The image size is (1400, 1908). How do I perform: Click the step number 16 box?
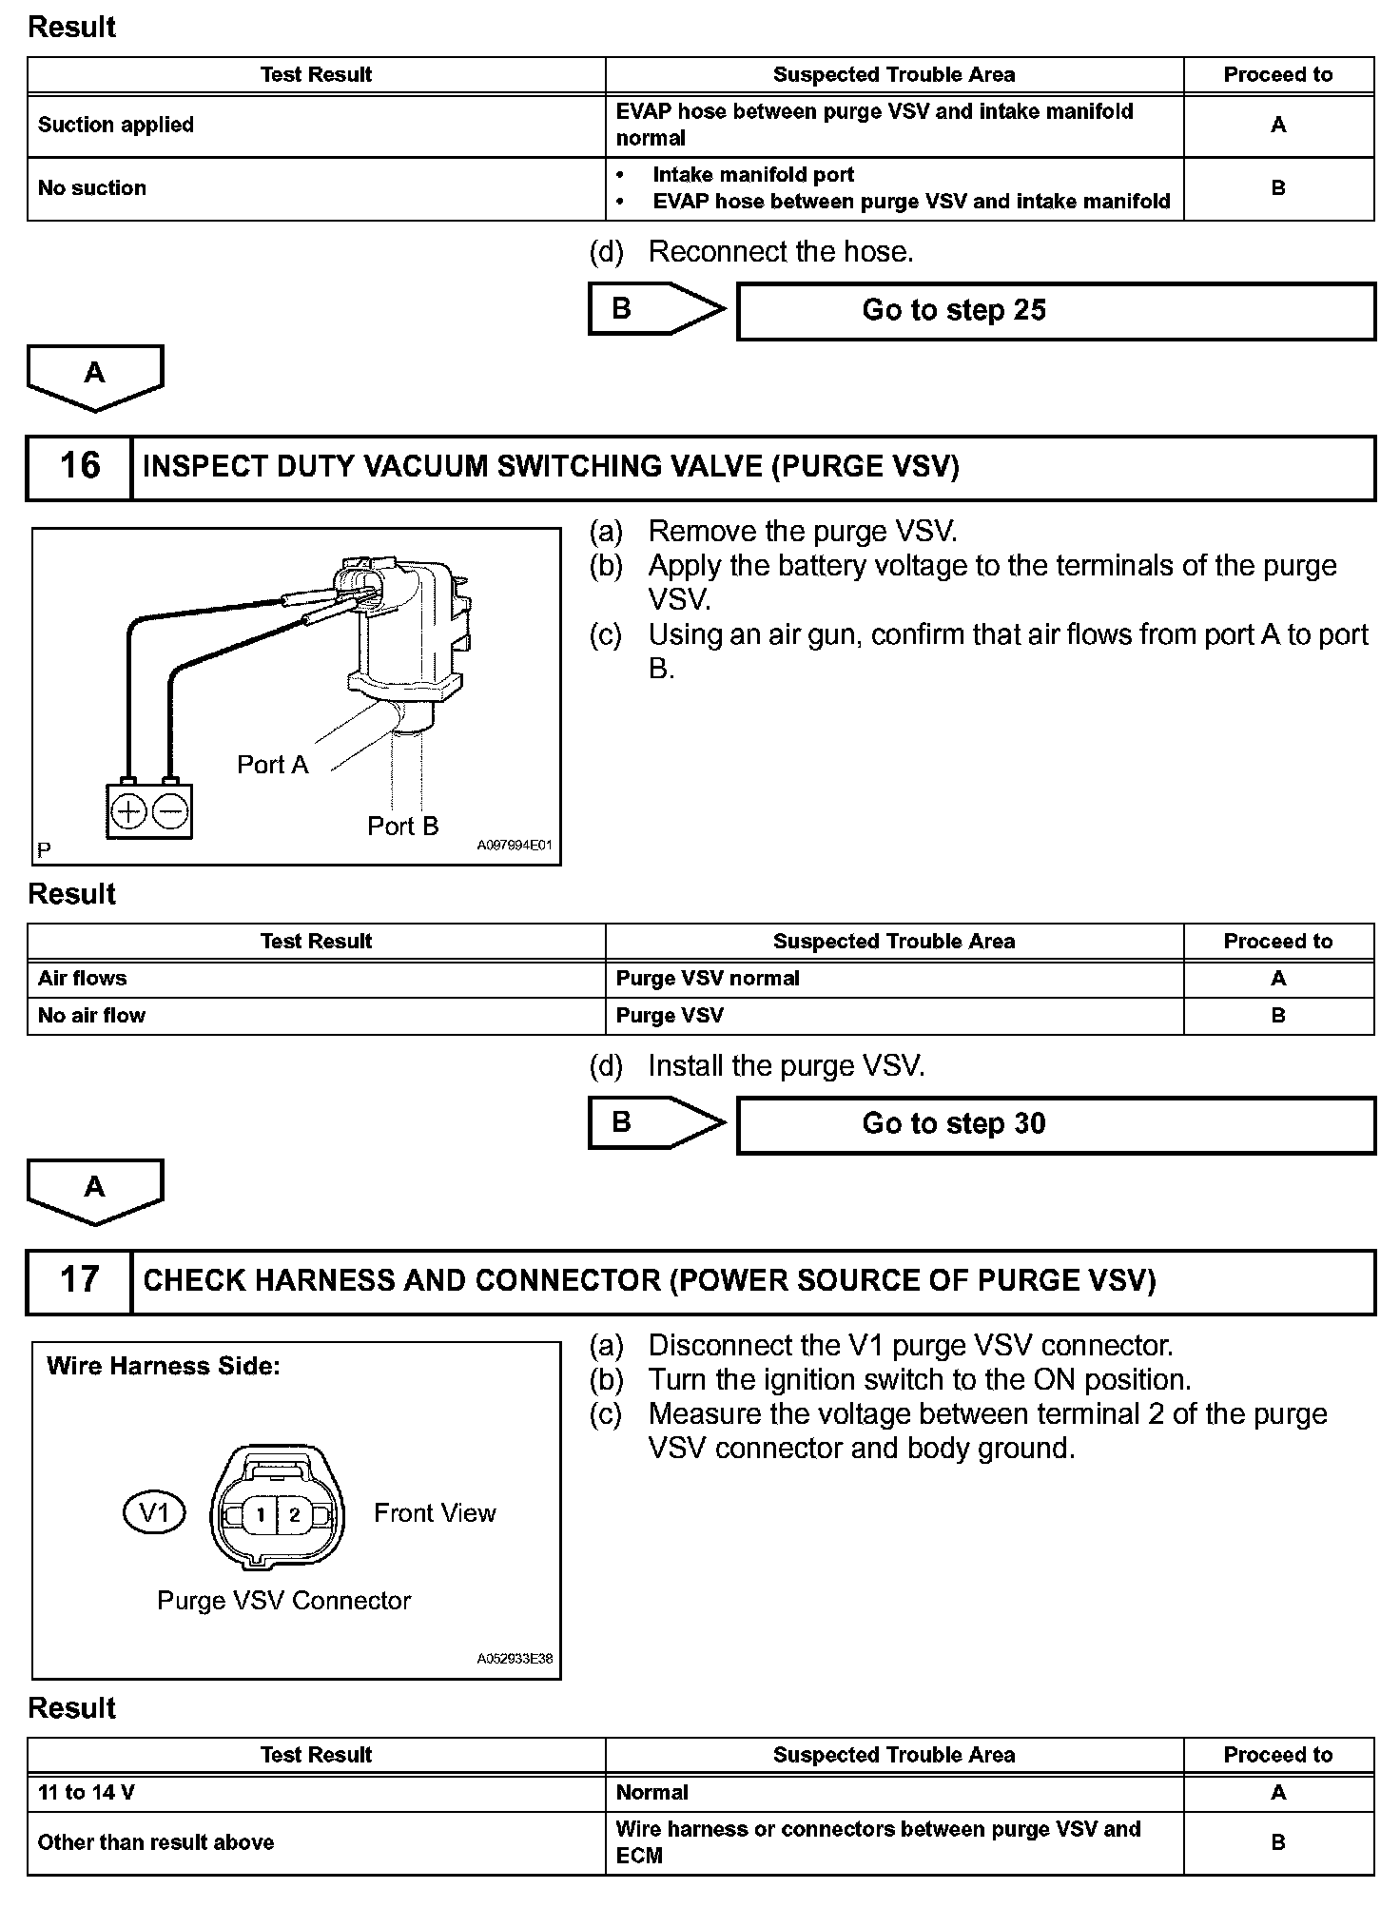[79, 467]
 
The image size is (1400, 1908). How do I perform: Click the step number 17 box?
[79, 1280]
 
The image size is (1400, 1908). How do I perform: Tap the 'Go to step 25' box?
[1056, 311]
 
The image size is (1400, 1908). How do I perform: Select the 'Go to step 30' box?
[1056, 1124]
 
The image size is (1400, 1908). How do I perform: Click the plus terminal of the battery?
[128, 811]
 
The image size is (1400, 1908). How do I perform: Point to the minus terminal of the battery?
[170, 811]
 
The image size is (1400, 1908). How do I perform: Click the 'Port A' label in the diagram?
[273, 765]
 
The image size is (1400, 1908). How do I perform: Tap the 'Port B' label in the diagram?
[403, 826]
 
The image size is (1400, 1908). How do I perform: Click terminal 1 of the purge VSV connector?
[260, 1514]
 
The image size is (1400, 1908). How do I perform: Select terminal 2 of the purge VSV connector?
[295, 1514]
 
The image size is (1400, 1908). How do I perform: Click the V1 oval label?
[154, 1512]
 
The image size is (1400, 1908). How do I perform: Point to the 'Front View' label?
[435, 1513]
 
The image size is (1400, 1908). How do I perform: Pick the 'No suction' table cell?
[92, 188]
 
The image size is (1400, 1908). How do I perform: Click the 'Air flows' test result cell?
[82, 979]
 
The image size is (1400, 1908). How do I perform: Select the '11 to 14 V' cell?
[86, 1793]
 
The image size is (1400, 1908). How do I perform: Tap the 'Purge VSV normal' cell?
[708, 979]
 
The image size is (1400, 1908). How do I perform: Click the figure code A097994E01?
[514, 845]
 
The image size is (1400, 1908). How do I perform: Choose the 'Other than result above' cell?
[156, 1843]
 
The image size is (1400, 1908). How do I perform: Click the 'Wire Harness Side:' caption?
[164, 1367]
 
